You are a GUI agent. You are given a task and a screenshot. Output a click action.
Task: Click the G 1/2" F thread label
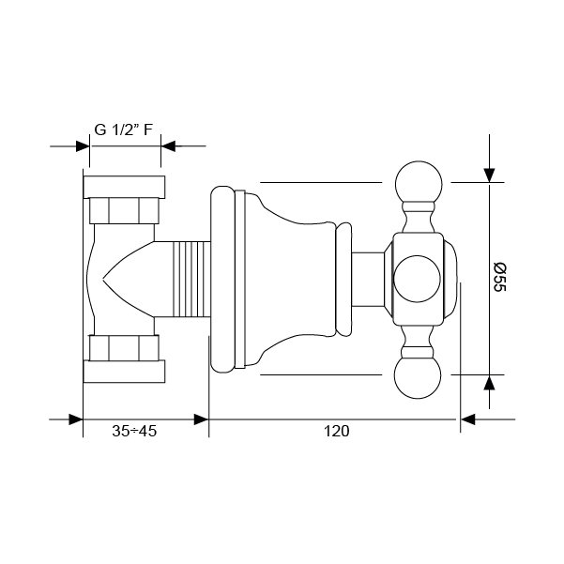click(x=123, y=130)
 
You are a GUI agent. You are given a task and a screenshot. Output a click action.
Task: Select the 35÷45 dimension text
click(x=134, y=431)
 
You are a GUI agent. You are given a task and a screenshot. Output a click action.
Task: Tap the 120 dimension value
click(x=336, y=431)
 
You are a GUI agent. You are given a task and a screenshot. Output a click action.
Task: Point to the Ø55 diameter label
click(x=499, y=278)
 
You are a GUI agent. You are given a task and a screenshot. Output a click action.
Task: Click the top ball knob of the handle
click(x=419, y=184)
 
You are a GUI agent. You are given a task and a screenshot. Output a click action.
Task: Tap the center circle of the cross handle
click(x=417, y=279)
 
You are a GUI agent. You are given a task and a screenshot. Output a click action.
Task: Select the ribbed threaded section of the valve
click(x=191, y=279)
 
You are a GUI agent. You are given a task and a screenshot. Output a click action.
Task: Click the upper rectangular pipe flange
click(x=124, y=187)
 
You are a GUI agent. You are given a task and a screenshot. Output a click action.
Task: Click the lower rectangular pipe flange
click(x=124, y=372)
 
